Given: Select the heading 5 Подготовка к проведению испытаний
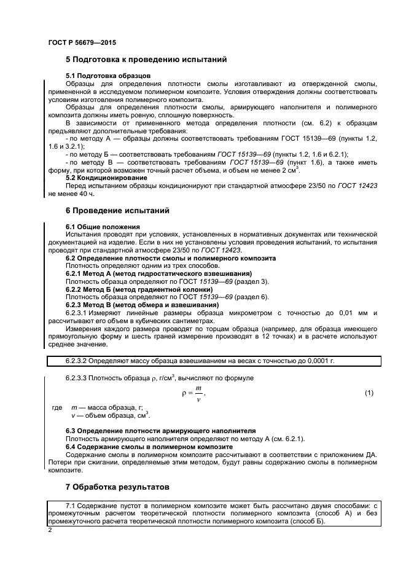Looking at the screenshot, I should (x=146, y=60).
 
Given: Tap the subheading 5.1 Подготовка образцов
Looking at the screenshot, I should (x=109, y=76).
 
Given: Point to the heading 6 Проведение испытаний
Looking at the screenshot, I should (x=117, y=210).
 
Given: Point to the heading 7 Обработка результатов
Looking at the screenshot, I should (x=116, y=487).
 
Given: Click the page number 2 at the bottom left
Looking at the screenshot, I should (x=50, y=530).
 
